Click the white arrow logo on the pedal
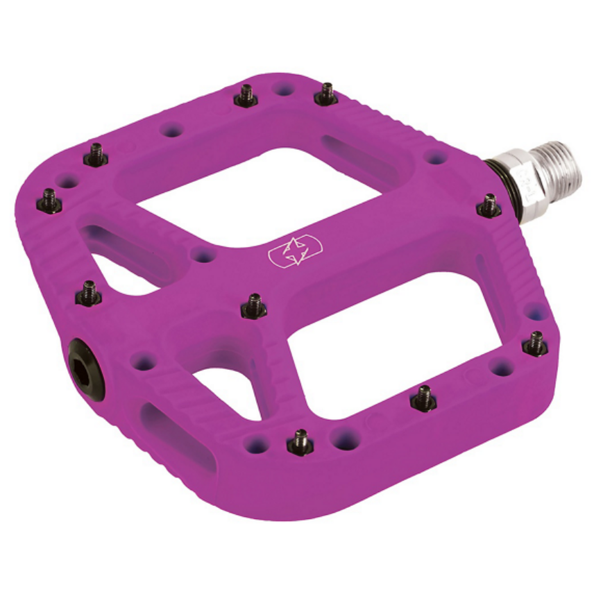coord(295,251)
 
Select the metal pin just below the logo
coord(254,306)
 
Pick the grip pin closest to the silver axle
coord(489,205)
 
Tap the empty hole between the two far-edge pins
coord(283,89)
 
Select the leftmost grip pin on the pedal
coord(49,201)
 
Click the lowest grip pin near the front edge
coord(300,441)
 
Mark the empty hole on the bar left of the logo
coord(203,255)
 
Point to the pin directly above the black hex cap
coord(89,294)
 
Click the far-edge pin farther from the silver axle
coord(245,96)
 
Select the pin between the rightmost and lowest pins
coord(423,398)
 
